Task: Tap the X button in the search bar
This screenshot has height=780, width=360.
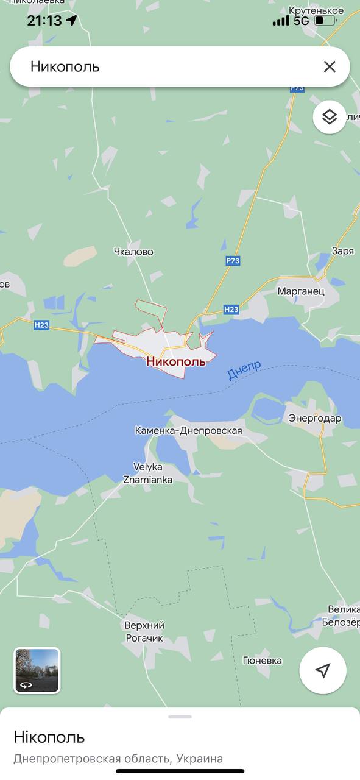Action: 330,66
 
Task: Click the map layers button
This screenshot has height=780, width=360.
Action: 330,116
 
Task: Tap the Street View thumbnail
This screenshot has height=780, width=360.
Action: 37,670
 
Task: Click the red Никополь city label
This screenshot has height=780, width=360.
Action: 176,361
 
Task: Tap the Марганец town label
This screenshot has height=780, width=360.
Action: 301,291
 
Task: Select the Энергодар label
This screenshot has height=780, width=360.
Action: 315,419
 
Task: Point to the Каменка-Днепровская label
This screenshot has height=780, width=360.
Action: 188,431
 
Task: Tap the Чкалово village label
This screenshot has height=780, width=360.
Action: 133,252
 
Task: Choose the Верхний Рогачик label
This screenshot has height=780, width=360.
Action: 144,631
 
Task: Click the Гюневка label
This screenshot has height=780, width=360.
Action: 263,661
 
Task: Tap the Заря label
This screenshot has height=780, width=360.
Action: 342,251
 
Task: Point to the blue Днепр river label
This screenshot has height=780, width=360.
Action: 244,370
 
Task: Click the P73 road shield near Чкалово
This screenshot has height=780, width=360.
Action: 233,261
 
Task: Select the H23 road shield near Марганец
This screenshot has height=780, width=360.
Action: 231,310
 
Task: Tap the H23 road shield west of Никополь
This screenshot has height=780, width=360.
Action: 41,325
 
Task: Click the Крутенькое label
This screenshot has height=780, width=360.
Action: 316,11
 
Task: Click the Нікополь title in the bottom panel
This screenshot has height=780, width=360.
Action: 49,737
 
